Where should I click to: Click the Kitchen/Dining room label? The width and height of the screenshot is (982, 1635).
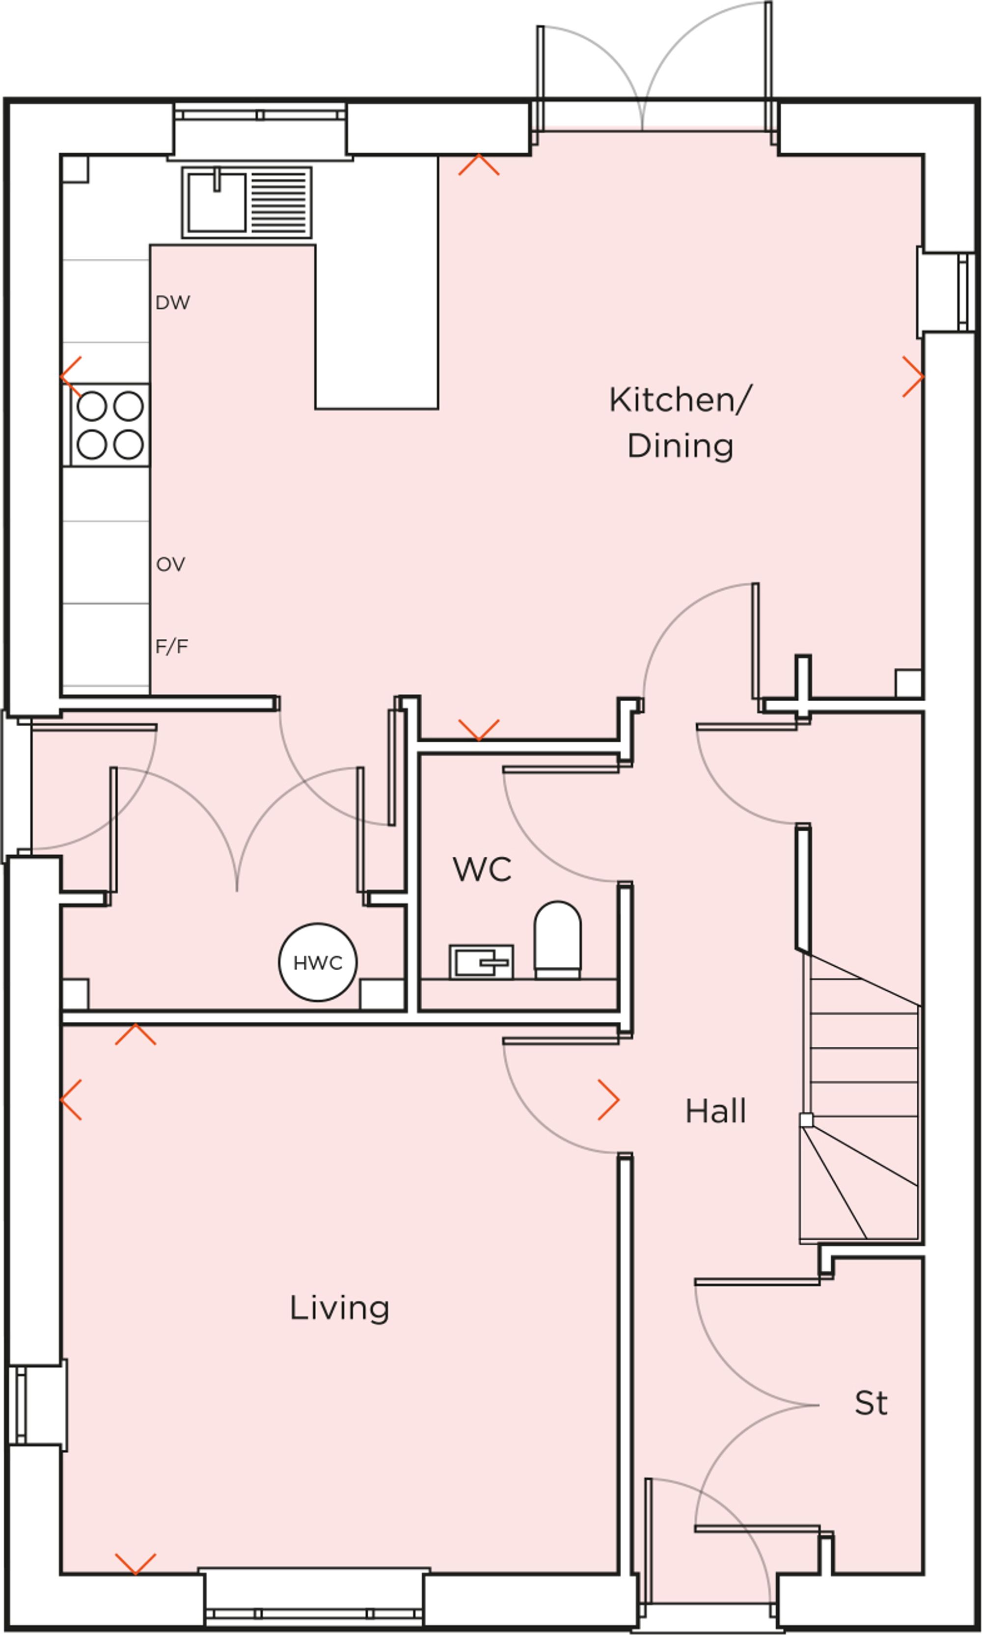point(680,423)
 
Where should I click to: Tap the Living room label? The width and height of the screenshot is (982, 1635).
point(339,1308)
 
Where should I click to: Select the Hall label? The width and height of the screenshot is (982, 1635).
point(715,1111)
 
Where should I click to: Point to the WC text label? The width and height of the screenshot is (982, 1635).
point(482,870)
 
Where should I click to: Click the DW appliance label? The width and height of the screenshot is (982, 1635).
point(173,303)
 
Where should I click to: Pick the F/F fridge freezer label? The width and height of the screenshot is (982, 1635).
point(171,647)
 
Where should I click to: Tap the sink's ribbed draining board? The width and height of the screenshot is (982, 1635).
point(280,202)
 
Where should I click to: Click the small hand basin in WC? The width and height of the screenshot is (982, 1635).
point(481,962)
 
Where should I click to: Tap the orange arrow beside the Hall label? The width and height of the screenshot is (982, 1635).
point(609,1100)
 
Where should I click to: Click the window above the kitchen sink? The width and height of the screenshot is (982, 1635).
point(260,115)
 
